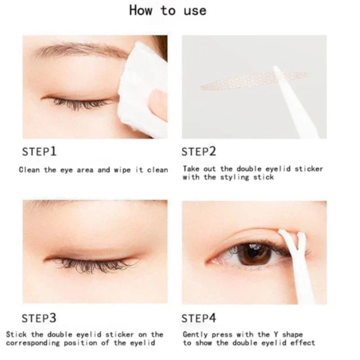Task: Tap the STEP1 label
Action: click(x=40, y=152)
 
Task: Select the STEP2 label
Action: click(x=199, y=152)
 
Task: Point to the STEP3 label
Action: click(x=40, y=318)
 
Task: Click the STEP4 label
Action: click(x=199, y=318)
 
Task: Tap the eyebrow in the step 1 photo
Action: click(x=79, y=50)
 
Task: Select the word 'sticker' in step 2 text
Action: click(x=309, y=169)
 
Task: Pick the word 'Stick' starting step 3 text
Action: click(x=16, y=334)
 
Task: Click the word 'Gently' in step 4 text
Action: click(x=195, y=334)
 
